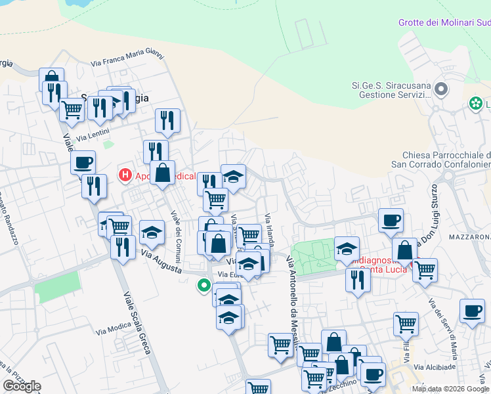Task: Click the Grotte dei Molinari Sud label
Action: click(x=444, y=22)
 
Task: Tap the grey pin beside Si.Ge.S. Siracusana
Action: click(x=441, y=88)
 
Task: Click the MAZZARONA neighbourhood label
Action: click(x=469, y=236)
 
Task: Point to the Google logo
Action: click(x=22, y=386)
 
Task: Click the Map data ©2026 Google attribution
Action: click(x=450, y=389)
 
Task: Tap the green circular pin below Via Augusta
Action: click(x=204, y=286)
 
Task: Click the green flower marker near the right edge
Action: click(x=475, y=104)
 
